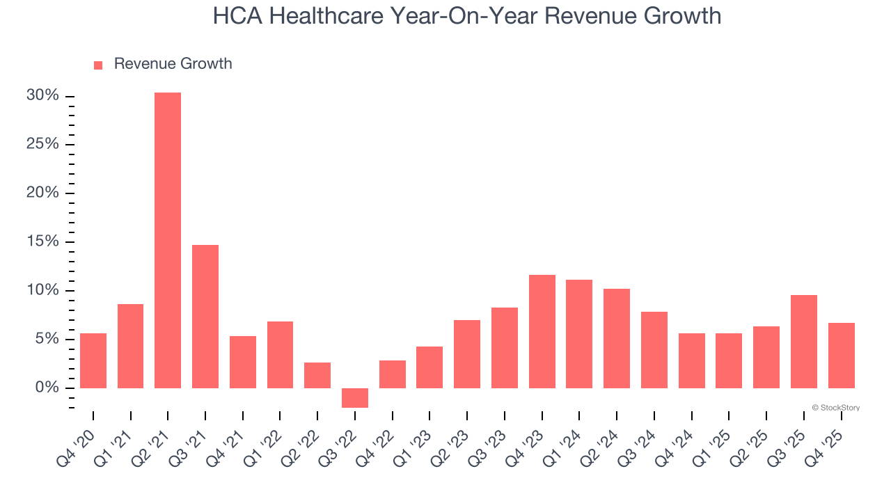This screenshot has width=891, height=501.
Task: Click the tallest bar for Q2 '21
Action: click(168, 240)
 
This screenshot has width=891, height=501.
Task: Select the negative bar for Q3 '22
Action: click(355, 398)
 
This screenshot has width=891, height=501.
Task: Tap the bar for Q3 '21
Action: click(205, 317)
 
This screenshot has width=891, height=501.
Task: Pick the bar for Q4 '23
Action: click(542, 331)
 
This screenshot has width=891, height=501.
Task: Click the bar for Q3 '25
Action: click(804, 342)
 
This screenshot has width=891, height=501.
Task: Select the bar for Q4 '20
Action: click(93, 360)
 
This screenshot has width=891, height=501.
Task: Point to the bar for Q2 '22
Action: click(317, 375)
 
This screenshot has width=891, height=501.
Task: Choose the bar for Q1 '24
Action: click(579, 334)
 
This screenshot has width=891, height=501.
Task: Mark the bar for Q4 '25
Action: click(842, 356)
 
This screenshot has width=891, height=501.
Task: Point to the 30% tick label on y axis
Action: click(43, 95)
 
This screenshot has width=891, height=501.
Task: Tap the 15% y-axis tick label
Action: click(43, 241)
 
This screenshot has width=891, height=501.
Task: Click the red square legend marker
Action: click(98, 65)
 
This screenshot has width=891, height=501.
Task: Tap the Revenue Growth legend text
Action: click(173, 64)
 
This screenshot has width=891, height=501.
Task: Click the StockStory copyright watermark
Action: click(835, 408)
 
